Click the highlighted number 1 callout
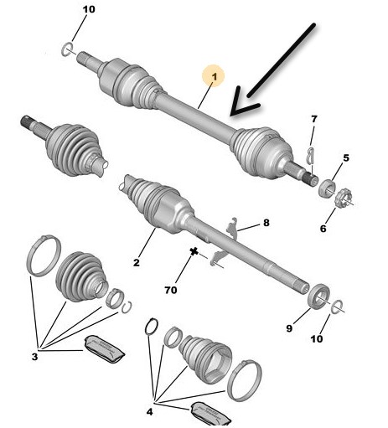click(x=214, y=75)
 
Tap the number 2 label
click(x=136, y=262)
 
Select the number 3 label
click(x=34, y=357)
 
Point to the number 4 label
click(x=150, y=411)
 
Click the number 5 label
click(x=346, y=158)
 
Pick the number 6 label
click(x=323, y=229)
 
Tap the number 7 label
click(x=314, y=119)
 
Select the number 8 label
click(x=266, y=223)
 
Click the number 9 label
click(x=289, y=328)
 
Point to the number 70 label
click(x=171, y=291)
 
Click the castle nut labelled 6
click(x=343, y=198)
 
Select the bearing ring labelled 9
click(x=318, y=297)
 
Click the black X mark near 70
click(x=194, y=251)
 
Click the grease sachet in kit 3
click(x=104, y=349)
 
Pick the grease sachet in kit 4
click(x=210, y=415)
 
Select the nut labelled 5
click(x=327, y=188)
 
